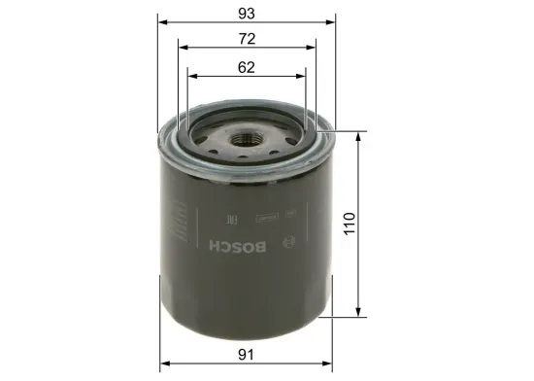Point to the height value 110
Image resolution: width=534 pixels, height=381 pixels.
click(x=350, y=224)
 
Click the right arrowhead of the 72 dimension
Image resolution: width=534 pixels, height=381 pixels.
click(x=314, y=48)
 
